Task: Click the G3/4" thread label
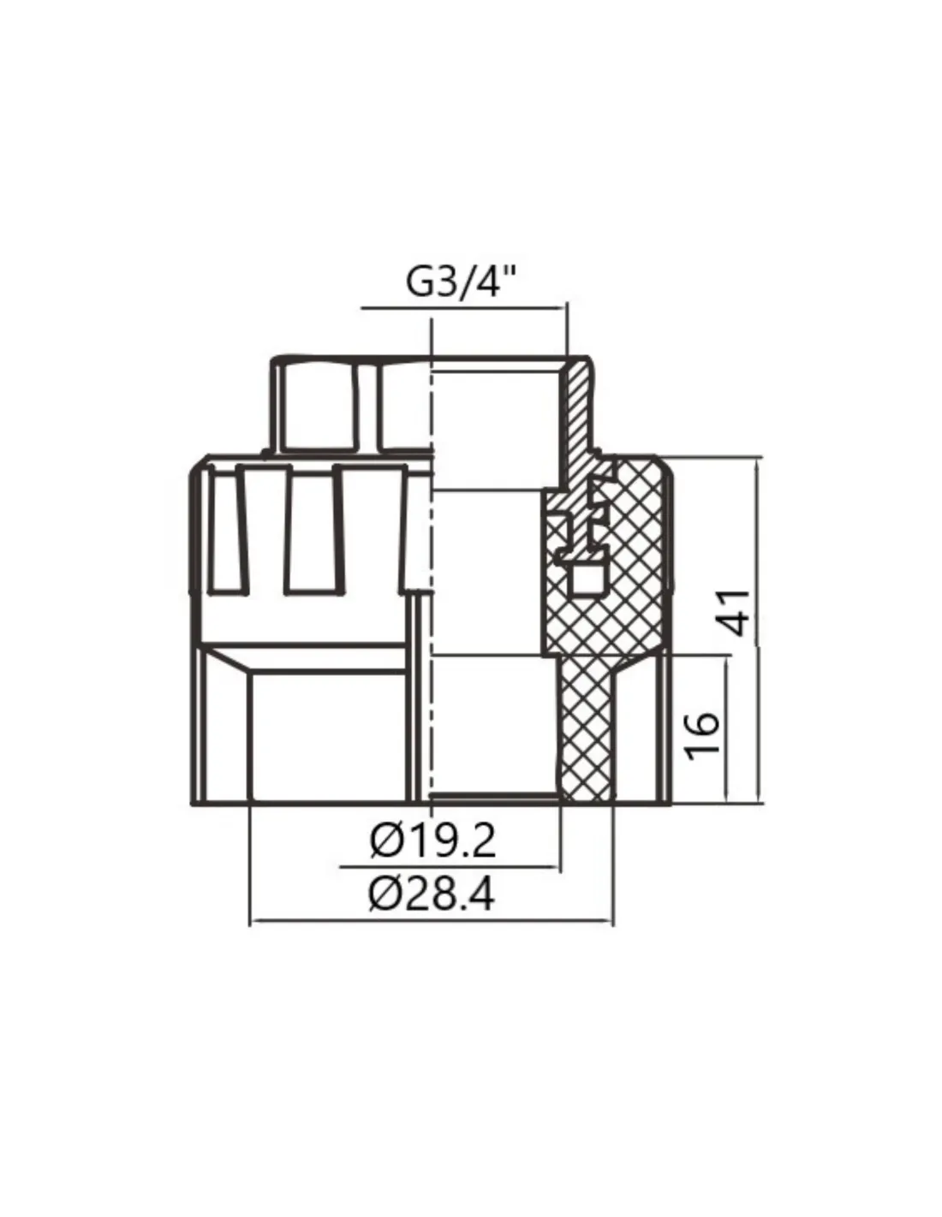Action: [x=461, y=282]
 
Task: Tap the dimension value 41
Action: [x=734, y=612]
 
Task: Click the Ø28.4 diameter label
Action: [x=432, y=895]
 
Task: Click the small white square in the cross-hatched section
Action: [x=587, y=578]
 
